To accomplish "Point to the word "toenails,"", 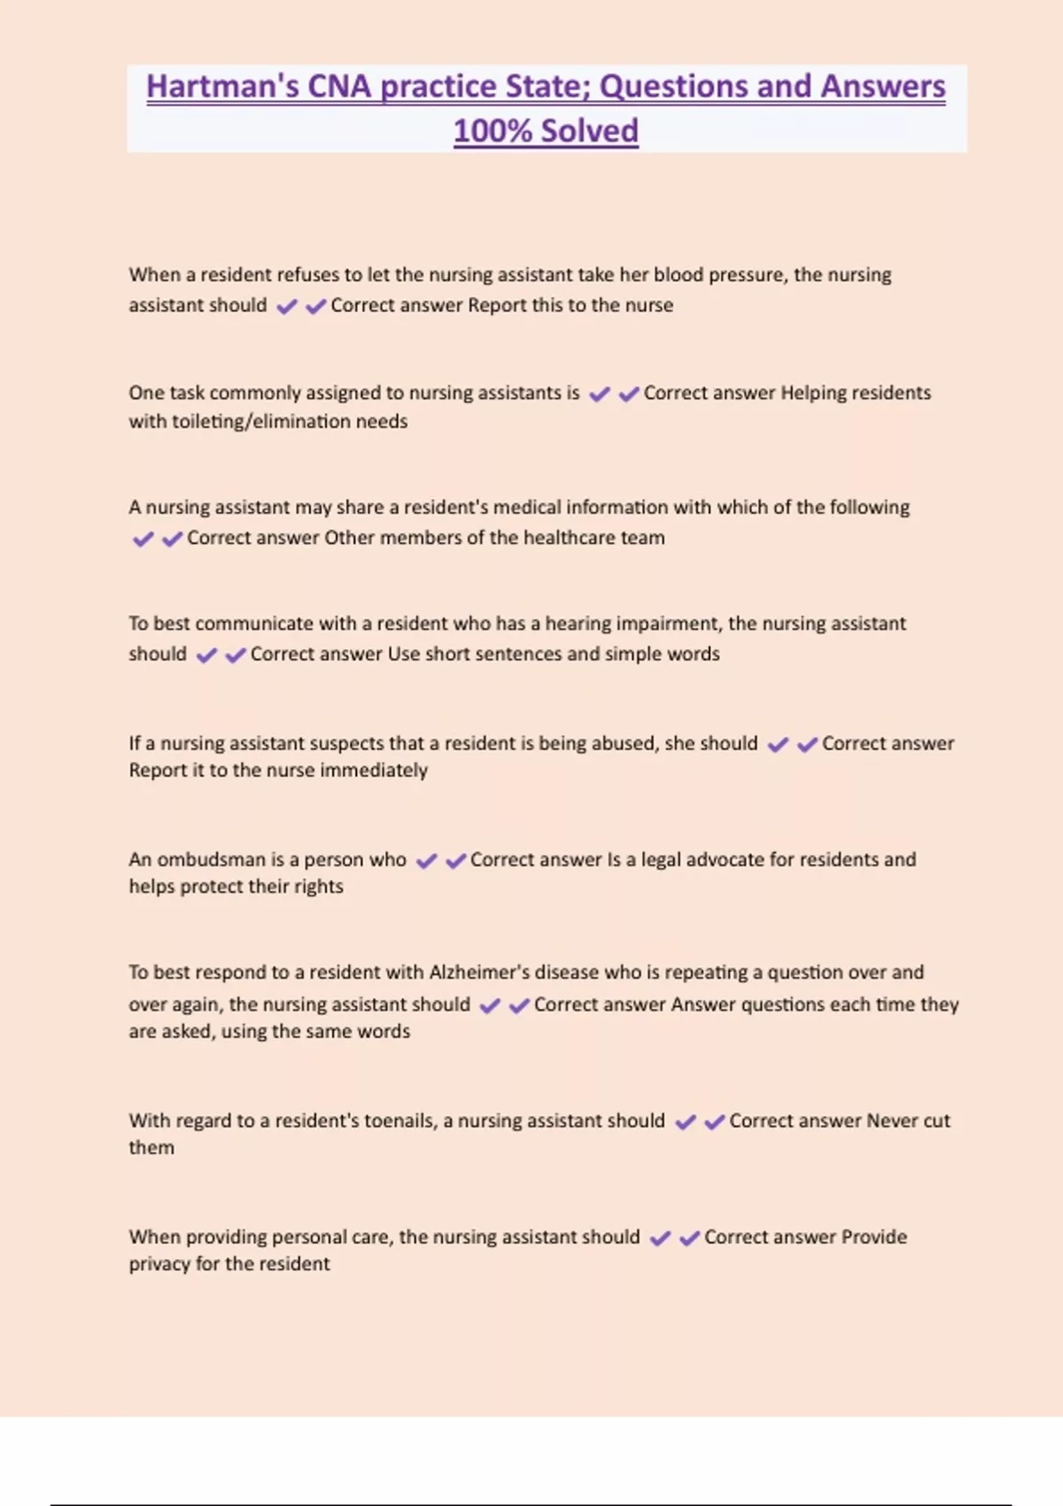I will [400, 1121].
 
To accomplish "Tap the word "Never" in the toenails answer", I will [892, 1121].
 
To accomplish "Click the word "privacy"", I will [159, 1264].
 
